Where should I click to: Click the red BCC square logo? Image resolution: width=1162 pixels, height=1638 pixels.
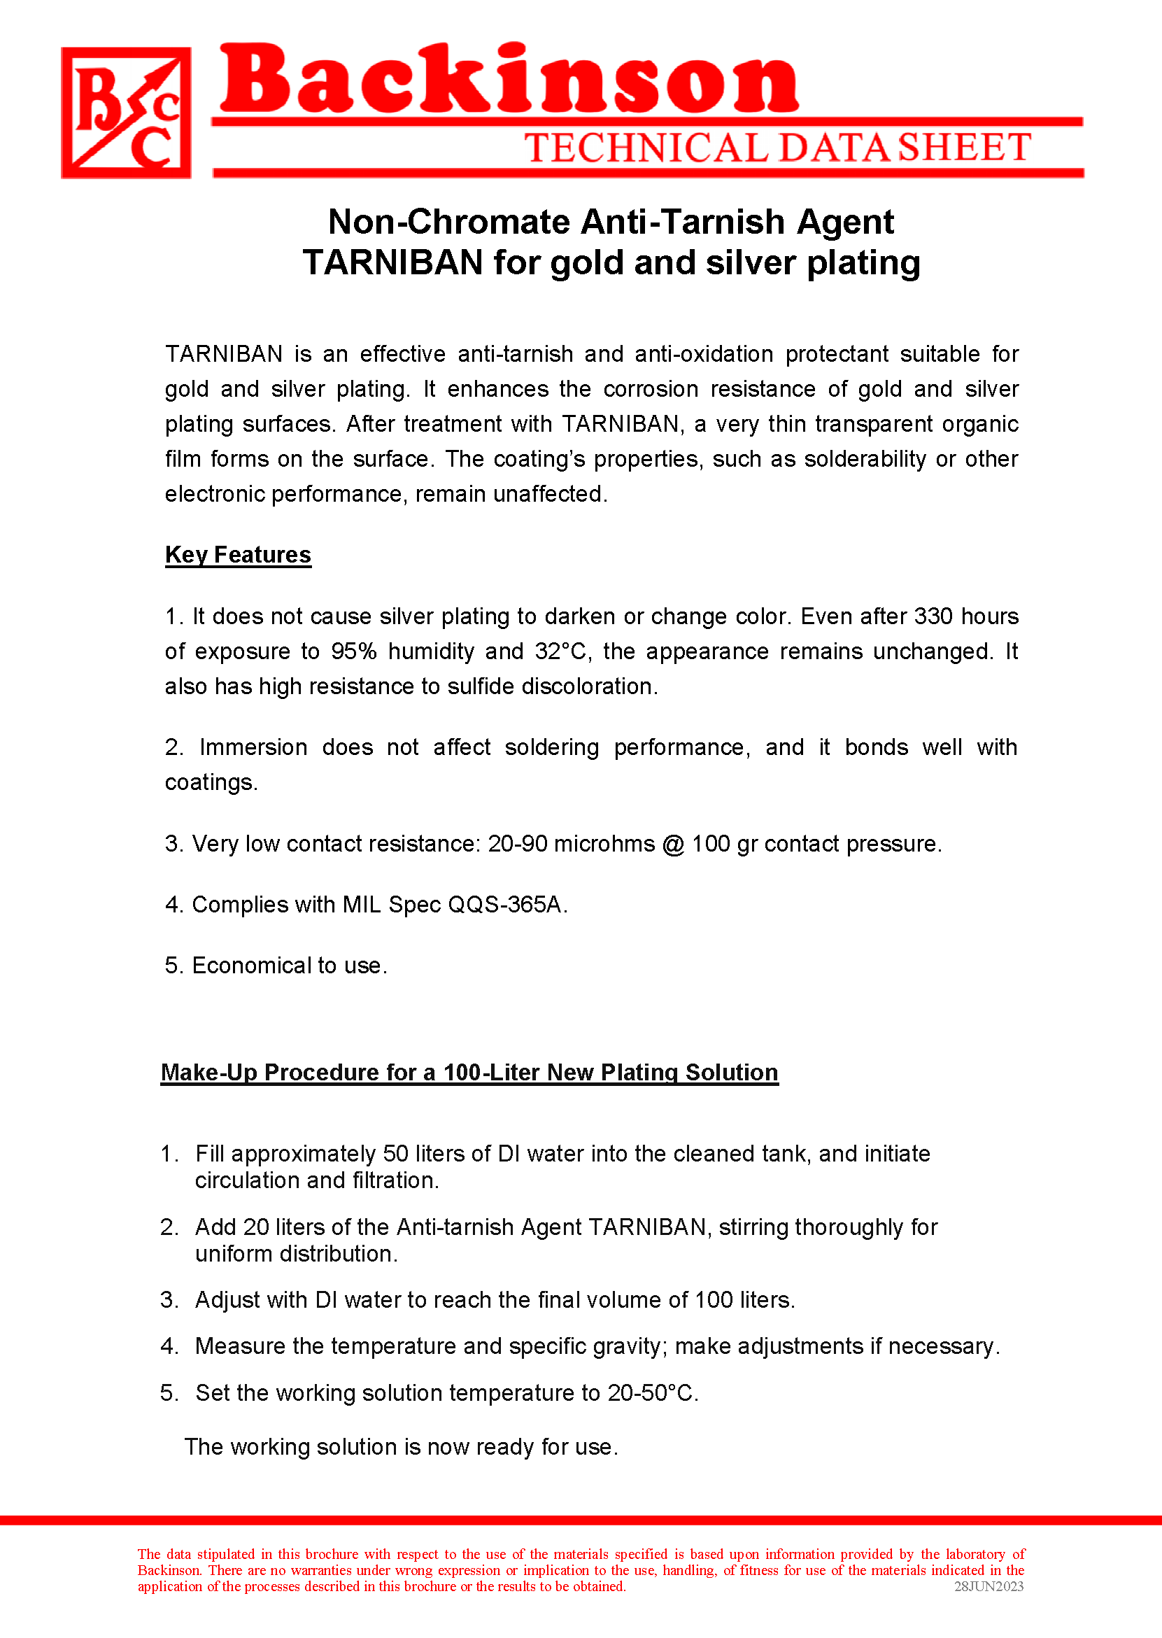[126, 113]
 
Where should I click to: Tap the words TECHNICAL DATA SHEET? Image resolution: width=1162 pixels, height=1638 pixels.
[777, 148]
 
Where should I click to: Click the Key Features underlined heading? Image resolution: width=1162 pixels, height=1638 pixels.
[238, 556]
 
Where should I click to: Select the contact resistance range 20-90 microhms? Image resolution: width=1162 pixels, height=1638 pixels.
[571, 845]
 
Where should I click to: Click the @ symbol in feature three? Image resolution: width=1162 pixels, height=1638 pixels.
[672, 845]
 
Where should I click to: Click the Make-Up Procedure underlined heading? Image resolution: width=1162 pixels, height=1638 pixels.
[469, 1073]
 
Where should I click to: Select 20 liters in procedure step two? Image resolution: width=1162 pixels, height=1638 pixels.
[284, 1228]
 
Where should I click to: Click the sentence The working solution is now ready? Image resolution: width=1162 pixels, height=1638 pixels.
[401, 1447]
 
